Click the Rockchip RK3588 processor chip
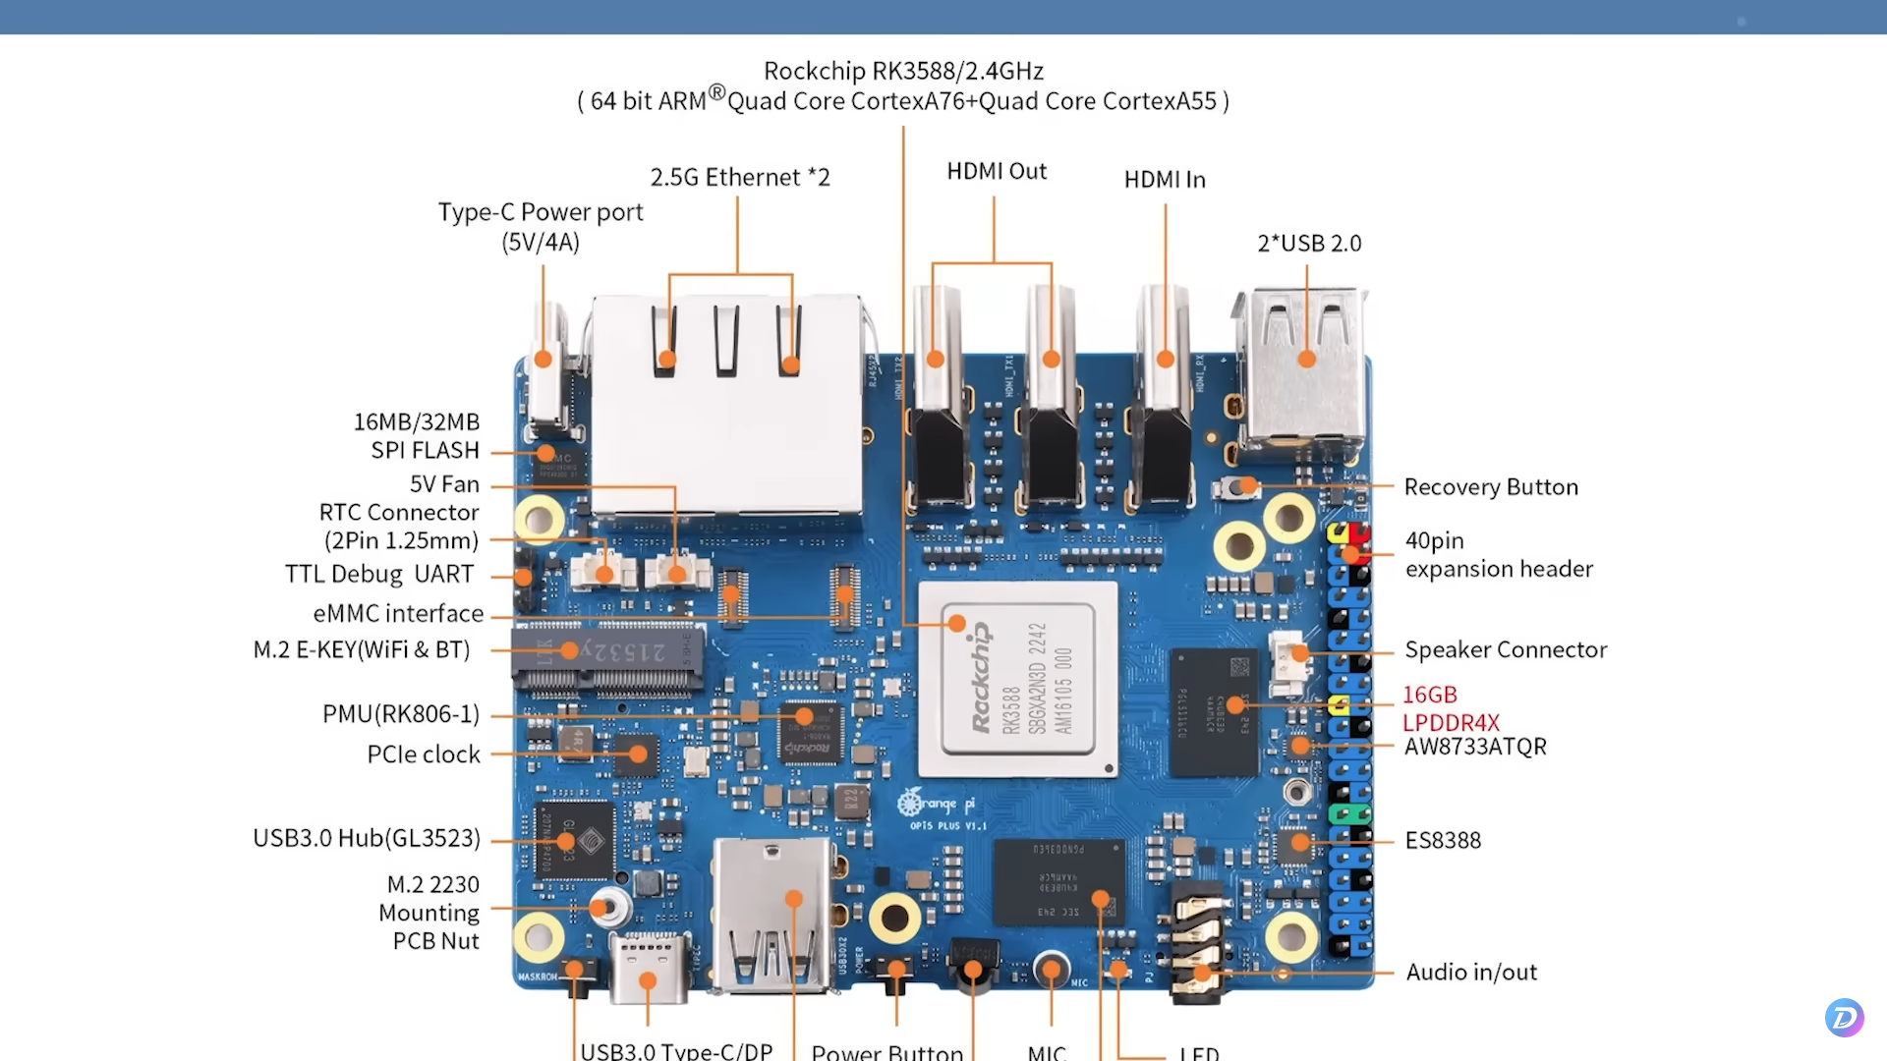1017,679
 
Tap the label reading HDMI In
1165,180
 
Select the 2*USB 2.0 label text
1309,244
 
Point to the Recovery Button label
1490,487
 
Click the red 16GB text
1429,695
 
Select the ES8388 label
1442,841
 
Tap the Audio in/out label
1470,973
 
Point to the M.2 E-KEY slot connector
607,656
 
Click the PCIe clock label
424,754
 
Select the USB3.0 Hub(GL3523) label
367,838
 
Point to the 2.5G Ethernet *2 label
739,178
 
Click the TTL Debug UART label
379,575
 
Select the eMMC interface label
398,614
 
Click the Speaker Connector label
1505,650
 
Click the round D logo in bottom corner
1844,1018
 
